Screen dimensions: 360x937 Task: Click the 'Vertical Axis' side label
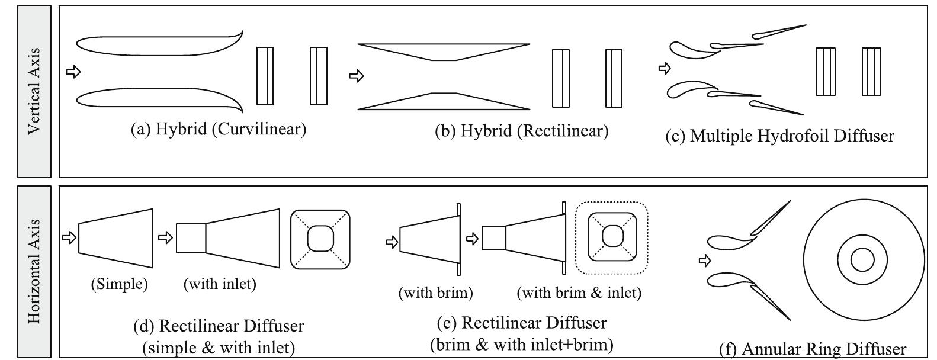34,91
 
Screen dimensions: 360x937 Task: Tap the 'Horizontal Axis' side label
34,272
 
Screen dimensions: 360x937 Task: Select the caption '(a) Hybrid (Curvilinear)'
218,129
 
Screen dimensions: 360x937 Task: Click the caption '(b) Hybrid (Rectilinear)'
521,130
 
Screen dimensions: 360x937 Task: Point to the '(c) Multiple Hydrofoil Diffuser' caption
779,136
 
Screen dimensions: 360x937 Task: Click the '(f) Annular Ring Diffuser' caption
812,349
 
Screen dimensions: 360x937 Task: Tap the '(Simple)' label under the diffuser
119,284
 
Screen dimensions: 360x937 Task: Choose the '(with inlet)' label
220,284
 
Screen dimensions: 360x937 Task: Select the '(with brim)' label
435,292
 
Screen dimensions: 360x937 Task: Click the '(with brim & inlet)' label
579,292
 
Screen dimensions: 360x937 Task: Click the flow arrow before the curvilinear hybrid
73,72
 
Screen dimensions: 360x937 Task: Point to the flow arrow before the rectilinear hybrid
356,76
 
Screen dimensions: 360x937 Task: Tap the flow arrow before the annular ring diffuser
704,260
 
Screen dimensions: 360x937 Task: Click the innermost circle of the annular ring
862,260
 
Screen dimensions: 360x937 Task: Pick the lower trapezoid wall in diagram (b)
444,101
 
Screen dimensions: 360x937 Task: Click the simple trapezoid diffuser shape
115,237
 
